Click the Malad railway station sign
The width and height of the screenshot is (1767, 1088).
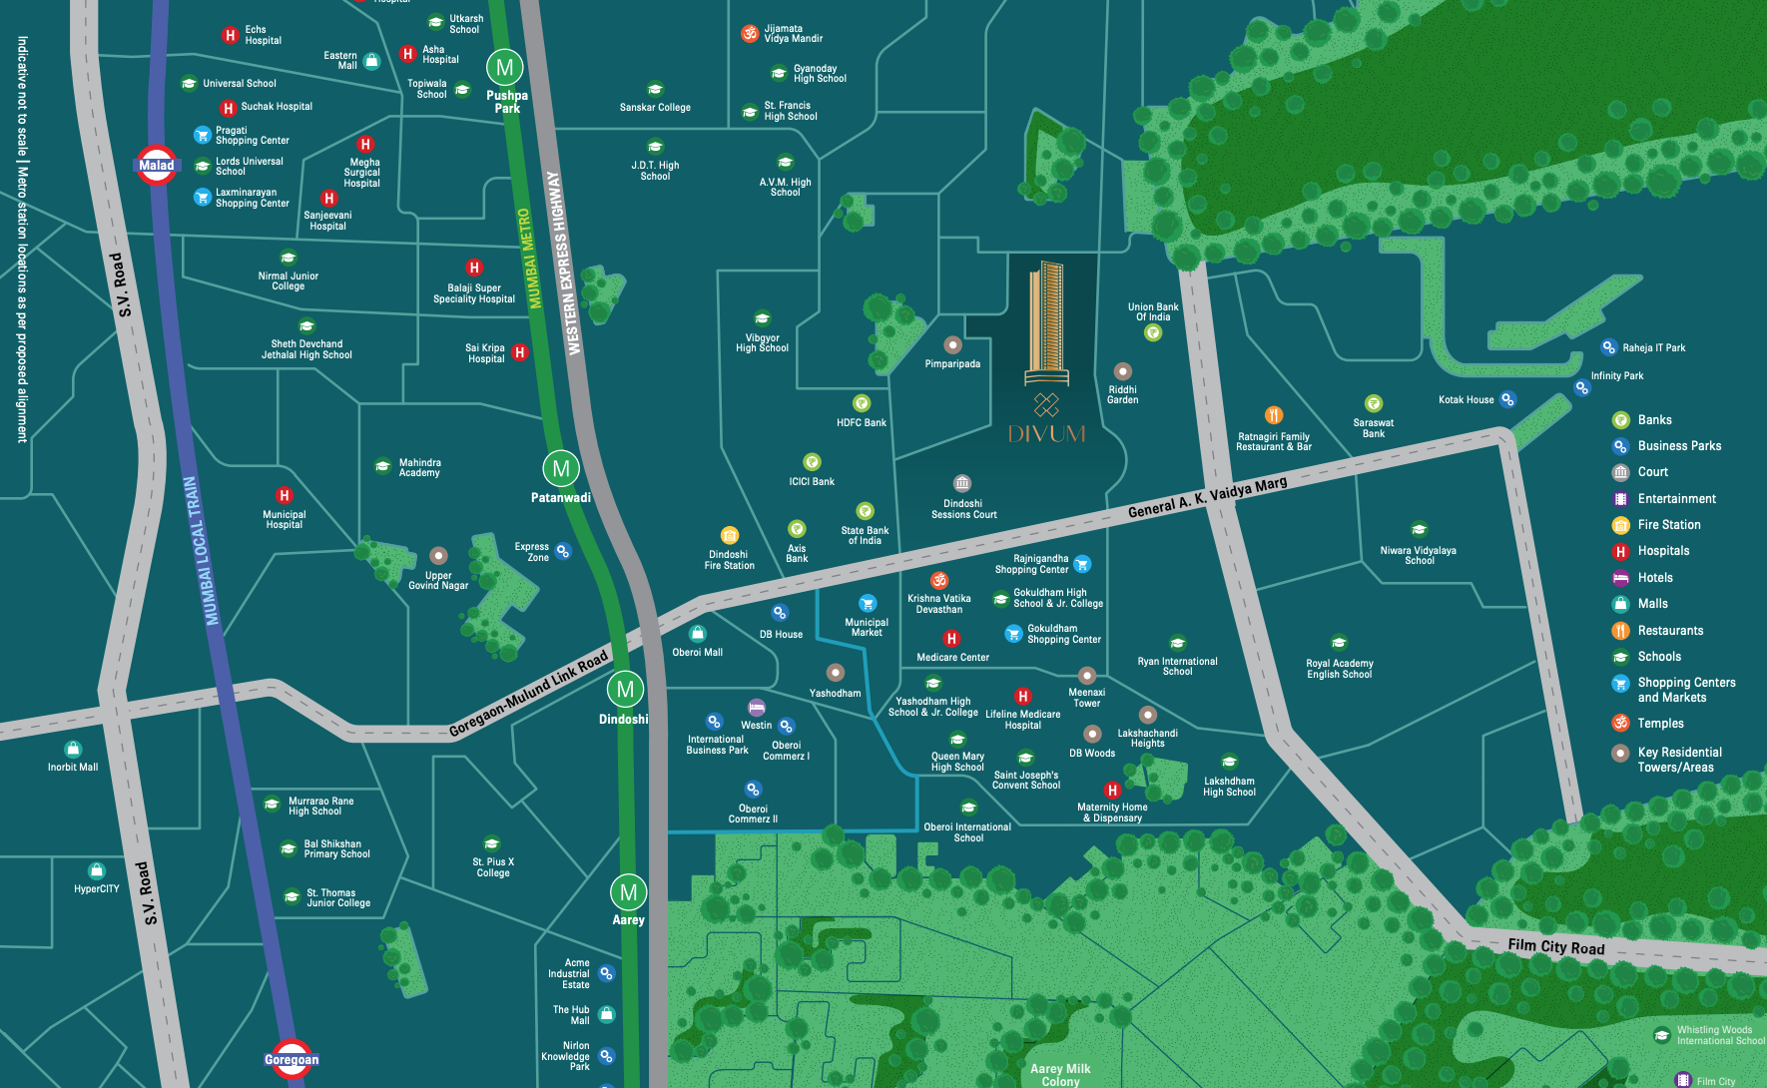(157, 166)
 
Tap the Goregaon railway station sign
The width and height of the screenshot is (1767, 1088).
(292, 1060)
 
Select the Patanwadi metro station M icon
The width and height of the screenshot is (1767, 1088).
(561, 468)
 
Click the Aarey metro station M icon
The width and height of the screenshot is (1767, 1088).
(628, 892)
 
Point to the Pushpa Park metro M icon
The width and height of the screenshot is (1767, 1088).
(504, 68)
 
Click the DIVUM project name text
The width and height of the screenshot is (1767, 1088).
(1046, 434)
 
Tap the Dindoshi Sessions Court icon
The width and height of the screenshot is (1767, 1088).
(962, 483)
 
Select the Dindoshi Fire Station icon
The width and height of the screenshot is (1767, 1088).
(730, 535)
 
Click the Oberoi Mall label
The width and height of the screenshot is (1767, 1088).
(698, 653)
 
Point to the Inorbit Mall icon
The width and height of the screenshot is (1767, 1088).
(73, 749)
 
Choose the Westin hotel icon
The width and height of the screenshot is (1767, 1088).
(757, 707)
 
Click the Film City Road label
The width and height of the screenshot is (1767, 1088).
(1556, 946)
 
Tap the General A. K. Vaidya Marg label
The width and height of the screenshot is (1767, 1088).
(1207, 497)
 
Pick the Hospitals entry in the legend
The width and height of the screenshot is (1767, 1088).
(1663, 551)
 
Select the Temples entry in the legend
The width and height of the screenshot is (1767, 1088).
(1660, 724)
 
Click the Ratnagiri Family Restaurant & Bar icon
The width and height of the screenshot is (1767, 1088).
(1274, 415)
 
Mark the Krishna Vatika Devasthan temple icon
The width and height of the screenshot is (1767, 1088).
(939, 580)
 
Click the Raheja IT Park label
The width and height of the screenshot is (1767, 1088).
(1653, 348)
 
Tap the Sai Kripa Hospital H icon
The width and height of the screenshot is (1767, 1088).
(519, 352)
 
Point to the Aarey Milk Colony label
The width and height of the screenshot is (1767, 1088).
(1060, 1075)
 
